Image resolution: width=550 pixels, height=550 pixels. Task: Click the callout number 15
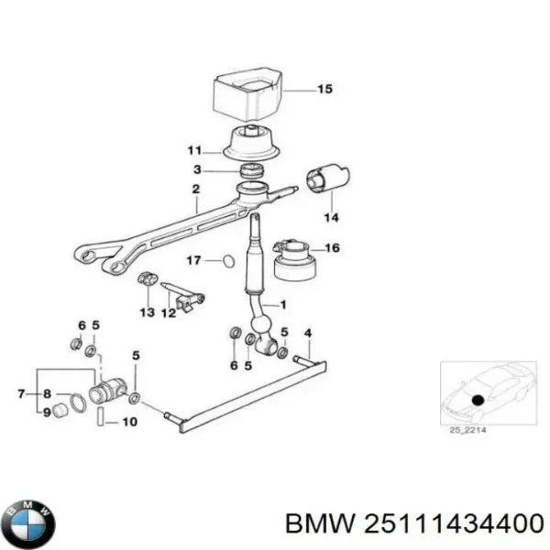324,90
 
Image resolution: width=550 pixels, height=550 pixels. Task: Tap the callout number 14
331,218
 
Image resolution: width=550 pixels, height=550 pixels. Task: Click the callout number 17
193,261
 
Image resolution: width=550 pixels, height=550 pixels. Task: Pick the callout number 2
195,191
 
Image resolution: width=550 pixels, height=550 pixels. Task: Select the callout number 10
130,423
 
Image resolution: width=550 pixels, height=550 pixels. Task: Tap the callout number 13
147,313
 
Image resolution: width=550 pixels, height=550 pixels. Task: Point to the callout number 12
169,313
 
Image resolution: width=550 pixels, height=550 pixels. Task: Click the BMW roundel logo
29,524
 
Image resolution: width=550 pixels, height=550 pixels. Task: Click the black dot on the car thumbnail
478,398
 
